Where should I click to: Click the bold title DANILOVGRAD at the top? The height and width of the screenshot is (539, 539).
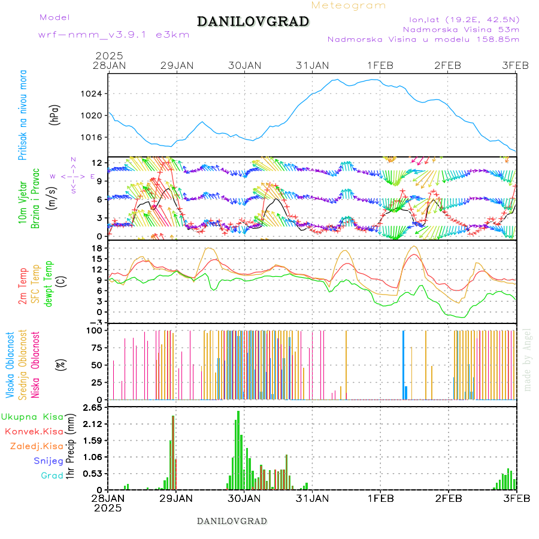[253, 22]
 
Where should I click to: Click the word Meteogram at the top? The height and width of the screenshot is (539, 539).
[349, 5]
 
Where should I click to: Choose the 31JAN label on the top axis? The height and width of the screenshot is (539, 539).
[313, 65]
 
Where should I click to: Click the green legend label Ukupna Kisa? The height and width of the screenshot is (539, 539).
[32, 416]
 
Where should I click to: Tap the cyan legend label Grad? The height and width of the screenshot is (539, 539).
[52, 476]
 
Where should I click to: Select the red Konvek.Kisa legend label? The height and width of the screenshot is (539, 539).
[34, 431]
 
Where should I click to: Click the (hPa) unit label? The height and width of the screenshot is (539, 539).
[55, 114]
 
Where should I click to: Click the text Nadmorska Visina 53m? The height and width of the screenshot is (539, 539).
[461, 29]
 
